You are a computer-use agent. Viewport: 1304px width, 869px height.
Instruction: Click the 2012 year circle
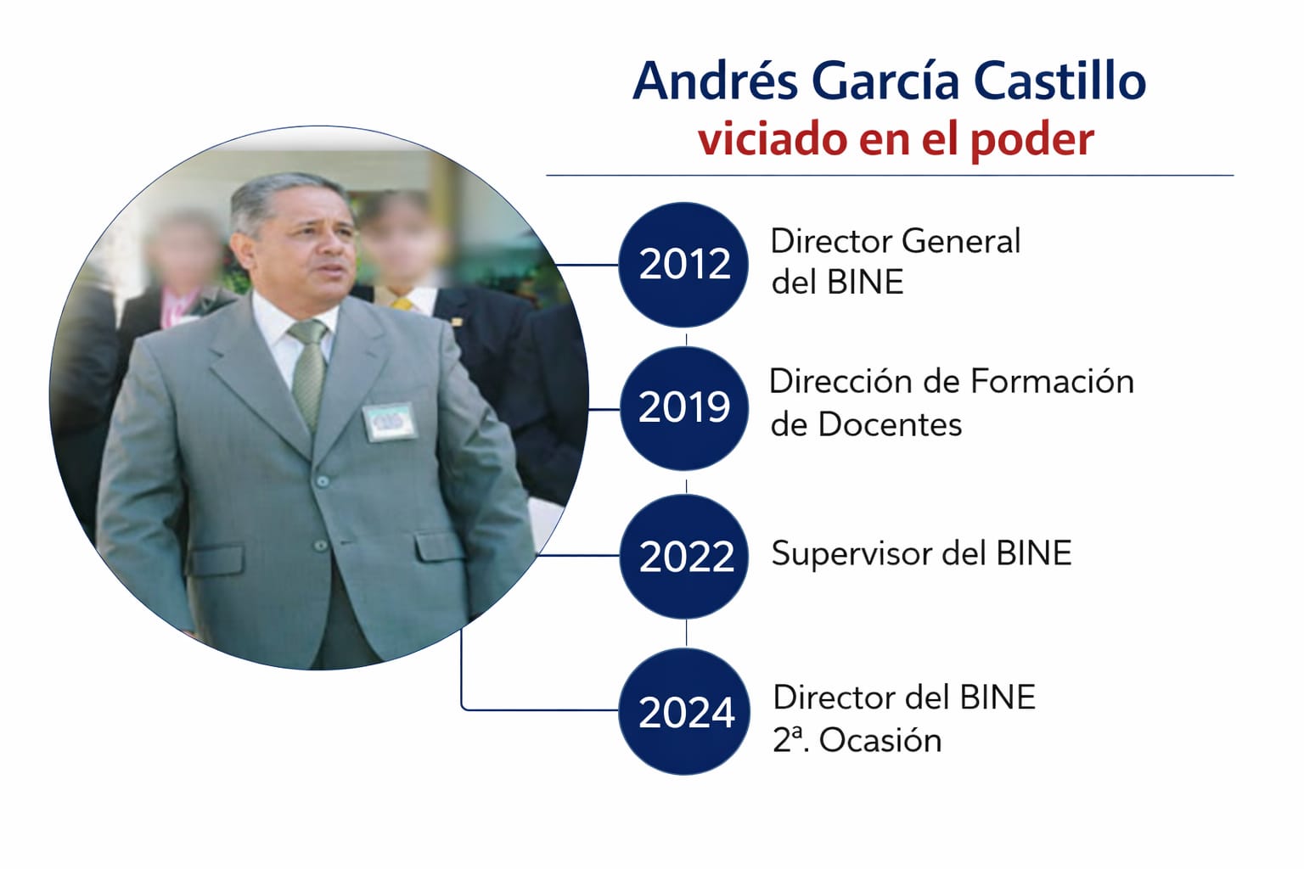click(x=683, y=265)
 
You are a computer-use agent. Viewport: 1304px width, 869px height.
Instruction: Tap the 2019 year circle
click(x=684, y=408)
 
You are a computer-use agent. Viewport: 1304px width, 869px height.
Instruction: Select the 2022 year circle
click(x=684, y=556)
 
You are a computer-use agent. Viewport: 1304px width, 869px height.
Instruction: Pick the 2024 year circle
click(x=684, y=711)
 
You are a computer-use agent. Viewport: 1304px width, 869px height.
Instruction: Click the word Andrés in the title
click(x=715, y=81)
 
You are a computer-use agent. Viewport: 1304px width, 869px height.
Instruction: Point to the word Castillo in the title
click(x=1059, y=81)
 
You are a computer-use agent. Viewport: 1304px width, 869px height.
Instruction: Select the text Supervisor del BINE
click(x=921, y=553)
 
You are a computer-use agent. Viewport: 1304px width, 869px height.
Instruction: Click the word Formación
click(x=1053, y=382)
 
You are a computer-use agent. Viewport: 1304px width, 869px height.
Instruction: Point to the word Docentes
click(x=890, y=425)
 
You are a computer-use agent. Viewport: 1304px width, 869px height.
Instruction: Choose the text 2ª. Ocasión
click(x=857, y=740)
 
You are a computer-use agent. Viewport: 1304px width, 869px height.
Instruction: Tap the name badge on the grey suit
click(x=390, y=422)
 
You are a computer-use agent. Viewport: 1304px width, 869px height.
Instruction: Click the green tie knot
click(x=308, y=333)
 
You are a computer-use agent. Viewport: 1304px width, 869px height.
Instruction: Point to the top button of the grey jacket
click(x=322, y=481)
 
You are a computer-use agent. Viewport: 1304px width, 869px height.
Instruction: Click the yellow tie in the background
click(x=402, y=304)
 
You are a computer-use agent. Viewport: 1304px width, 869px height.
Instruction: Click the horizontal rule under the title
click(x=890, y=175)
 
